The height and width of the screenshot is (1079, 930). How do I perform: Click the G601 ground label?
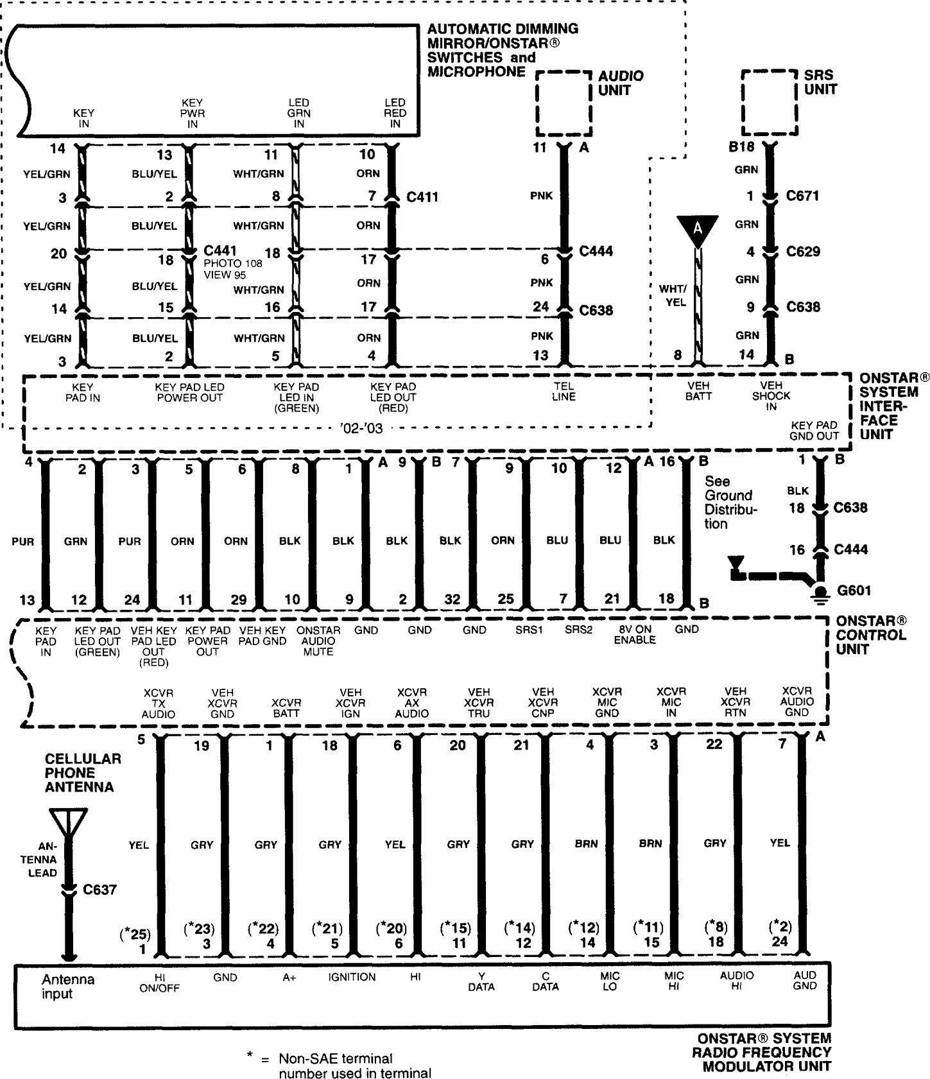(854, 590)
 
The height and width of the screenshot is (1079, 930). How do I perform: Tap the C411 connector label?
(422, 196)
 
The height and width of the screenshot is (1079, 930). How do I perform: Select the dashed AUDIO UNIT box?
(563, 103)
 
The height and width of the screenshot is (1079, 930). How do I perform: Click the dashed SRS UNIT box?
(769, 103)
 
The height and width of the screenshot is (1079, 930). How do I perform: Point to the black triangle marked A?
(697, 230)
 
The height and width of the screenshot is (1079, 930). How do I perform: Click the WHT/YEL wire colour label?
(672, 295)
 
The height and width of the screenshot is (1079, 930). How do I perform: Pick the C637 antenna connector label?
(99, 890)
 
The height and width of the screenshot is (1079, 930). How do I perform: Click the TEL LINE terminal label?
(564, 392)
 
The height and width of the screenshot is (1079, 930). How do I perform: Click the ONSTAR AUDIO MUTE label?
(318, 641)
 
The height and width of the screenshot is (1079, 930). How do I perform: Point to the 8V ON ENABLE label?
(634, 635)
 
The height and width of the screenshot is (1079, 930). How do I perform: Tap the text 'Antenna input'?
(68, 987)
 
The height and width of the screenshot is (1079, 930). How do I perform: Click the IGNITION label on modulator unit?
(352, 977)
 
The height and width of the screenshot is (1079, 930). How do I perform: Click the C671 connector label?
(803, 196)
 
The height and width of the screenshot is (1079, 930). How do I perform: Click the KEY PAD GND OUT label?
(814, 430)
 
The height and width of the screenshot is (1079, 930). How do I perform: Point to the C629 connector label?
(803, 252)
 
